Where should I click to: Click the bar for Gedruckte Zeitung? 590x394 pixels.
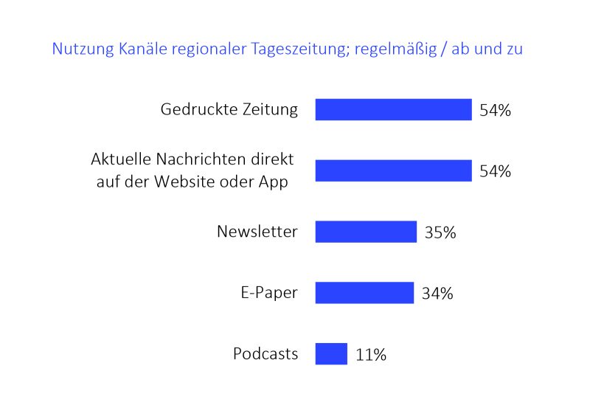(393, 109)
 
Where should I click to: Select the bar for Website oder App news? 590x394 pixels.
(393, 170)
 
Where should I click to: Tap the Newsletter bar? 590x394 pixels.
(366, 232)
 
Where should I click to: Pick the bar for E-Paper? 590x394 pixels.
(364, 293)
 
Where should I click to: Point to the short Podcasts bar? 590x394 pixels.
(331, 353)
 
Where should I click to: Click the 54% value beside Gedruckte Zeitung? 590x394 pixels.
(495, 111)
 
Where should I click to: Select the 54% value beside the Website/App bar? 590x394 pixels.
(495, 171)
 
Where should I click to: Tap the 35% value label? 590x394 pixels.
(440, 232)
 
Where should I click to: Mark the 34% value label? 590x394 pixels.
(437, 294)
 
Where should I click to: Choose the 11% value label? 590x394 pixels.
(370, 355)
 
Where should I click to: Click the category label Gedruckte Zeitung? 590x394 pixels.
(229, 110)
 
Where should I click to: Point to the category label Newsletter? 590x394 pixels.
(257, 232)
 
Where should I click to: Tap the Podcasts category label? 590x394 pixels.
(265, 353)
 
